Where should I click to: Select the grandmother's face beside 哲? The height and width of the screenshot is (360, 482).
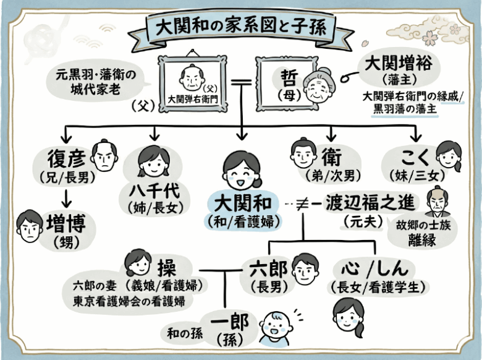[318, 86]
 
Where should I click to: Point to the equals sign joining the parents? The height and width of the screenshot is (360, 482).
[242, 81]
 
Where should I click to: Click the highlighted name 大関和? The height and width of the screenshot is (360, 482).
[243, 202]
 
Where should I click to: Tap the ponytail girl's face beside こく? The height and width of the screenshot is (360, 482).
[449, 156]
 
